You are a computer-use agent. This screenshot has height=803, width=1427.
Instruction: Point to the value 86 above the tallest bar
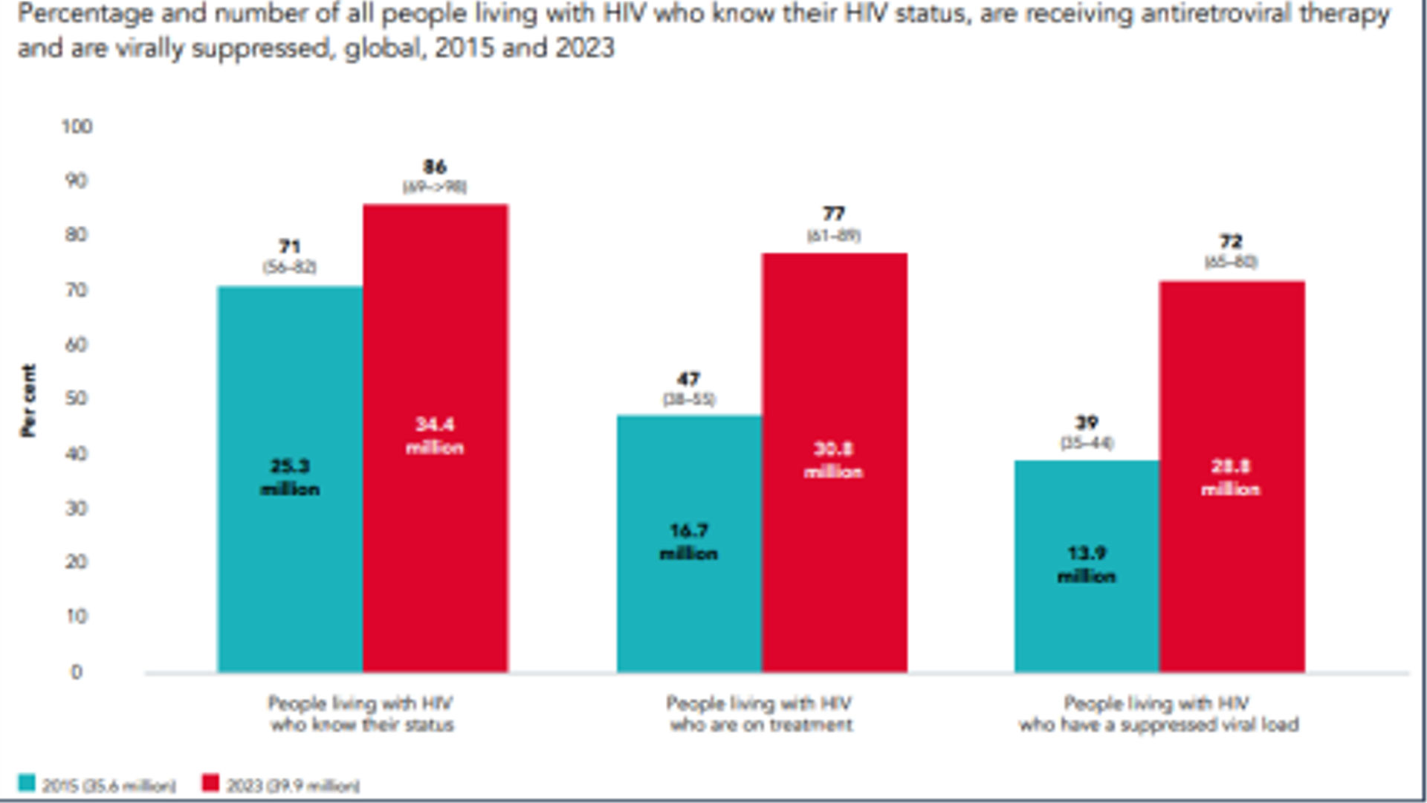[x=435, y=167]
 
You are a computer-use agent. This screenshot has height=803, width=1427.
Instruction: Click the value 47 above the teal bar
[x=688, y=379]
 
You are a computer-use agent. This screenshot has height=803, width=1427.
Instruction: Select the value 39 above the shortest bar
[x=1087, y=422]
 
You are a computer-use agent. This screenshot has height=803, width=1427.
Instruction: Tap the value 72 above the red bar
[x=1231, y=242]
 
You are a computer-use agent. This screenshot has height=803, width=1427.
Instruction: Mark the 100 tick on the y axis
[x=77, y=126]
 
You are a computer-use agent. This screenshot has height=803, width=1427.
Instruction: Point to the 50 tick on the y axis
[x=77, y=399]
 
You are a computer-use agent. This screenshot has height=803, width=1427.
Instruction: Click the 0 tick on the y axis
[x=77, y=672]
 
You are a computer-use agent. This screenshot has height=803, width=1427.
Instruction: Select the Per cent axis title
[x=28, y=400]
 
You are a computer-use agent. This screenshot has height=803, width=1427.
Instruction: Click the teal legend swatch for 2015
[x=27, y=783]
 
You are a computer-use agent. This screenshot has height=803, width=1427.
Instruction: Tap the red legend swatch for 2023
[x=211, y=783]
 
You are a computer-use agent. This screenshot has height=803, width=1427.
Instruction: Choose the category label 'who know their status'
[x=362, y=725]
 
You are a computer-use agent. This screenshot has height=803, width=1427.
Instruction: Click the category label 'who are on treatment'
[x=761, y=725]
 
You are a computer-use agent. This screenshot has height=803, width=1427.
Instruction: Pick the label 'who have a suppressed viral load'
[x=1159, y=725]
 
